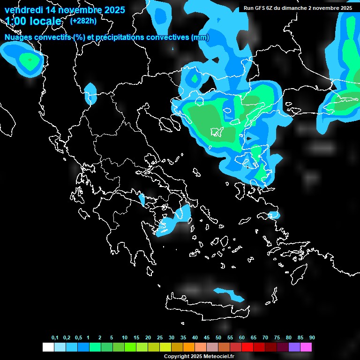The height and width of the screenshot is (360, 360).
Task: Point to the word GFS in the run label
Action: pos(261,8)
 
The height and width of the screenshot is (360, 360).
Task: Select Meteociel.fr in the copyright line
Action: pos(217,356)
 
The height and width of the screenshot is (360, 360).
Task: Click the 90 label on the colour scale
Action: pos(312,337)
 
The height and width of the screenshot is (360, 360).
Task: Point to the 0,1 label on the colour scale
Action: pos(55,337)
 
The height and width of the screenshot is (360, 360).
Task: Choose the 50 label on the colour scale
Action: pos(218,337)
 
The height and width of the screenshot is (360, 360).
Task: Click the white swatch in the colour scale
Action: pos(48,347)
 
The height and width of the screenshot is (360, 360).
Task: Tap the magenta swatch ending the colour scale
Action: pos(306,347)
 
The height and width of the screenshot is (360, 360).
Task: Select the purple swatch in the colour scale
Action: pos(294,347)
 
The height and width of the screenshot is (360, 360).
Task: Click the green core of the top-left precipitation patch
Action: pos(30,60)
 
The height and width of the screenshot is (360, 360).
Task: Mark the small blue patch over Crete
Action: pos(229,294)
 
